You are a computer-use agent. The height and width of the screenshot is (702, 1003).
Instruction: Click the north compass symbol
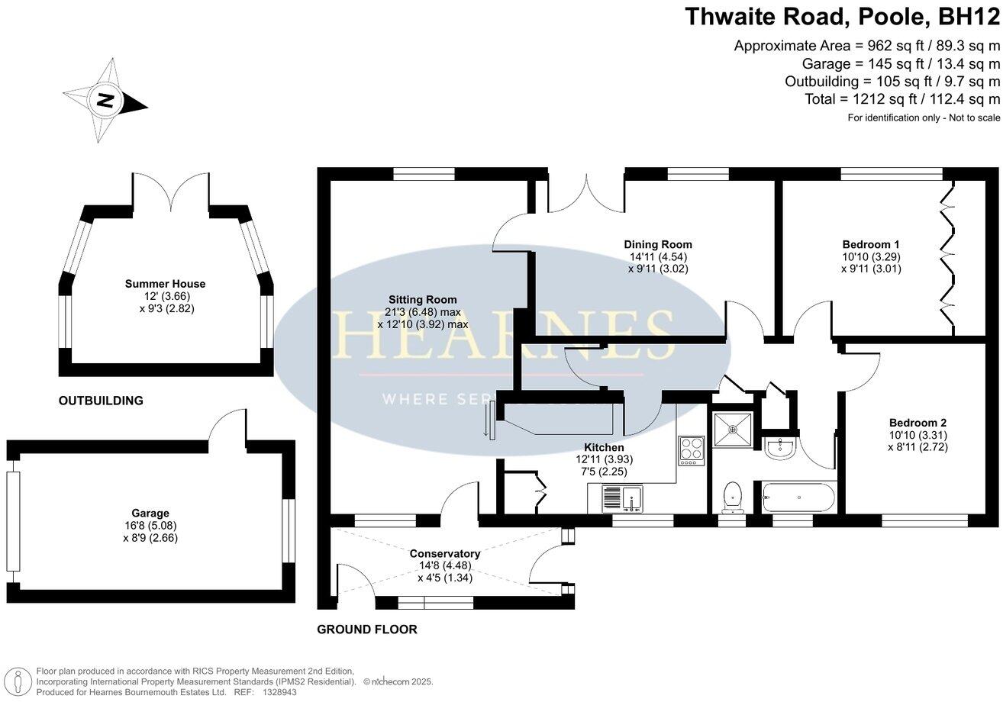click(x=105, y=101)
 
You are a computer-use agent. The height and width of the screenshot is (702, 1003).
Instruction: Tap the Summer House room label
click(x=165, y=284)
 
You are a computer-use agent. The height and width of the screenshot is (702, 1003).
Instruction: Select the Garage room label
click(x=150, y=514)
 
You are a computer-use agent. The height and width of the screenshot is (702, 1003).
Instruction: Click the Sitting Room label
click(x=422, y=300)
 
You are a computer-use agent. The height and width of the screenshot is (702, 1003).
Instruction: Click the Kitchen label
click(x=604, y=447)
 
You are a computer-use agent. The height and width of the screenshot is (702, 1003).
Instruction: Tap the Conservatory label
click(x=444, y=554)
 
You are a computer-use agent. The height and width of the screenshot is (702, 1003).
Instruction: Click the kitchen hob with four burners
click(x=691, y=449)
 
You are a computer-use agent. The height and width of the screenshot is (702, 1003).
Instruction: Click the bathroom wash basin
click(x=780, y=448)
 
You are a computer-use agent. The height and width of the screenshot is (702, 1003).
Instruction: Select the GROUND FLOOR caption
click(x=366, y=630)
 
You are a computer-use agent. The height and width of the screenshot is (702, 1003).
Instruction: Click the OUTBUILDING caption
click(x=101, y=400)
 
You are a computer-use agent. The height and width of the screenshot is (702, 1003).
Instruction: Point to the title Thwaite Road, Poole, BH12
click(x=842, y=17)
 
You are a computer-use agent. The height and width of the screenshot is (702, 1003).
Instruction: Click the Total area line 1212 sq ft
click(x=901, y=99)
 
